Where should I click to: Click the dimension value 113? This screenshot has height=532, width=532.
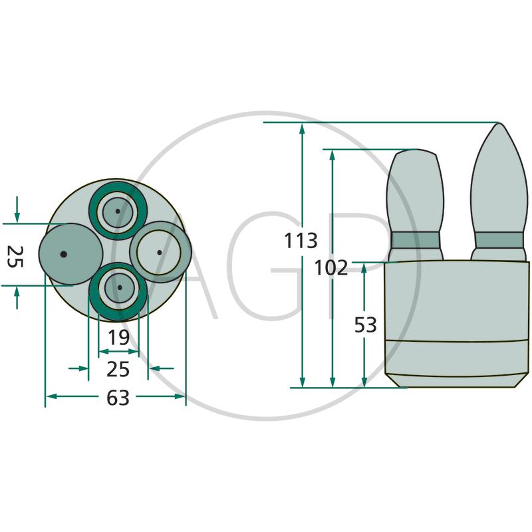[x=301, y=240]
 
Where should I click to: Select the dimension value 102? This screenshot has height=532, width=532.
[x=331, y=267]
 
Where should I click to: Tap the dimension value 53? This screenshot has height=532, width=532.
[x=366, y=325]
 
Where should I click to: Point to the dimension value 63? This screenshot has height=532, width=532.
[x=118, y=398]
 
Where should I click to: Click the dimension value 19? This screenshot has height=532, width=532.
[x=119, y=338]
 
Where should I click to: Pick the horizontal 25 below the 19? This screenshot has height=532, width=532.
[x=118, y=368]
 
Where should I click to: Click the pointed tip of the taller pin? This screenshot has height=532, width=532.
[x=498, y=126]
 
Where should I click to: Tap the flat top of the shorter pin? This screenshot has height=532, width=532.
[x=416, y=152]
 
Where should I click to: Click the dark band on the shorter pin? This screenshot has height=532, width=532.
[x=416, y=240]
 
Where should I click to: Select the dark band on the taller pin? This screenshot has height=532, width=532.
[x=499, y=240]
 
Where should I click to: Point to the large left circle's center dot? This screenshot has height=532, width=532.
[x=63, y=254]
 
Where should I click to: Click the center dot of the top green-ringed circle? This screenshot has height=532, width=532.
[x=118, y=211]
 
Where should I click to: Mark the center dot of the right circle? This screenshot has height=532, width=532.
[x=160, y=252]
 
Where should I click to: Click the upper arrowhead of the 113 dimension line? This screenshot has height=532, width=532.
[x=303, y=128]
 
